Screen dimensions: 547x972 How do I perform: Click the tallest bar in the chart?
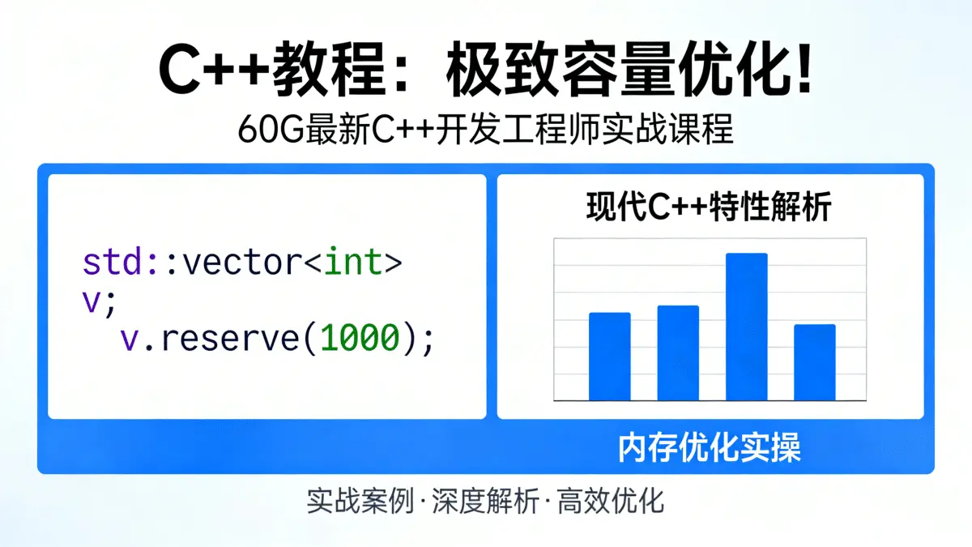746,327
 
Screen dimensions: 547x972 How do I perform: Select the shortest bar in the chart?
814,362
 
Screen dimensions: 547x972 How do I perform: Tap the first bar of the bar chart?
609,357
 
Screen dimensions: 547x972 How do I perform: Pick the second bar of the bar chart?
678,353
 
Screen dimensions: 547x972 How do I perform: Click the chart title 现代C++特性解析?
709,208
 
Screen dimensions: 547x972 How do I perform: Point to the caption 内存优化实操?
710,447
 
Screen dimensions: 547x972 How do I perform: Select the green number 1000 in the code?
360,338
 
